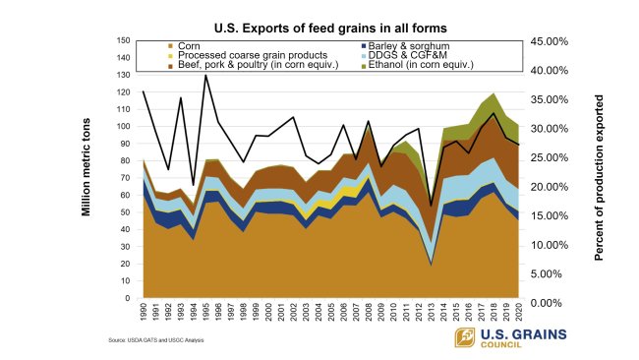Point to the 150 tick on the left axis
point(124,40)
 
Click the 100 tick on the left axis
point(124,126)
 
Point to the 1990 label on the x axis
point(145,313)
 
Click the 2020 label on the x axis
point(518,313)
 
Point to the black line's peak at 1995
point(206,75)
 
